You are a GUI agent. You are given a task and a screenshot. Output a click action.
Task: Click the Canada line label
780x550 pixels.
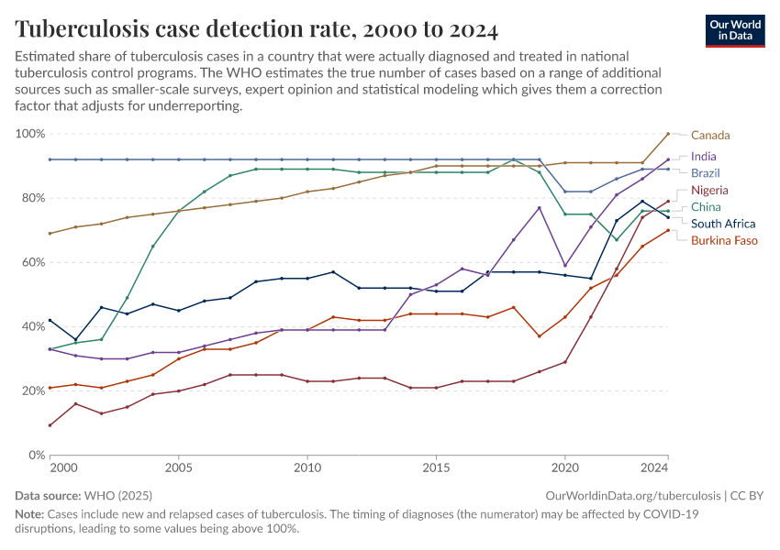pos(710,136)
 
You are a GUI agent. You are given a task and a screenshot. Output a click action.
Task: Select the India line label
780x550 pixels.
pos(704,157)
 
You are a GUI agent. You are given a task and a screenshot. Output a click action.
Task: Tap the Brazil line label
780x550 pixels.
pos(705,173)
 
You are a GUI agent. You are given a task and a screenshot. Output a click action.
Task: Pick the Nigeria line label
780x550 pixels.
pos(709,191)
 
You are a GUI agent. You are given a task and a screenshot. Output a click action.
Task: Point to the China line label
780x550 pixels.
pos(706,207)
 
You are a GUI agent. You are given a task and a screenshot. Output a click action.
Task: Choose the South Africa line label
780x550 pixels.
pos(723,224)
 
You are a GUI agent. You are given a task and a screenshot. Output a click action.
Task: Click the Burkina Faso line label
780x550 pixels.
pos(724,240)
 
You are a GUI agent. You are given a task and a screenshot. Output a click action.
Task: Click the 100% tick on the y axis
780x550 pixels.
pos(30,134)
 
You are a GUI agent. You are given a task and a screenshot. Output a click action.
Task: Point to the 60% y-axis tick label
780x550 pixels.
pos(32,262)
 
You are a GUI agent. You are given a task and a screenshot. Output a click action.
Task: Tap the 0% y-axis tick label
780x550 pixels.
pos(36,455)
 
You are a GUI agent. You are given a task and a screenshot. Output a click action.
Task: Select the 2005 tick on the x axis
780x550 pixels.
pos(178,468)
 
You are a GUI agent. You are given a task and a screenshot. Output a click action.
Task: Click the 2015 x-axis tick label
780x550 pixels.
pos(436,468)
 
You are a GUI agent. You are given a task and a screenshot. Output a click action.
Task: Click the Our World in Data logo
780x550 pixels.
pos(735,29)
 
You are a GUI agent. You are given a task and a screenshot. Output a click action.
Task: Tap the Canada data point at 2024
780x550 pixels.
pos(668,134)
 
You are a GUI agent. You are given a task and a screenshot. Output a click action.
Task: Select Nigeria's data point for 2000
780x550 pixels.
pos(50,425)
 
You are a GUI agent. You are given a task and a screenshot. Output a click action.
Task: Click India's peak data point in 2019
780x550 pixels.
pos(540,208)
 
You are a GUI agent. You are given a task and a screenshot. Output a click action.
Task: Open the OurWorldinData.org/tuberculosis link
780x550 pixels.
pos(632,496)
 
